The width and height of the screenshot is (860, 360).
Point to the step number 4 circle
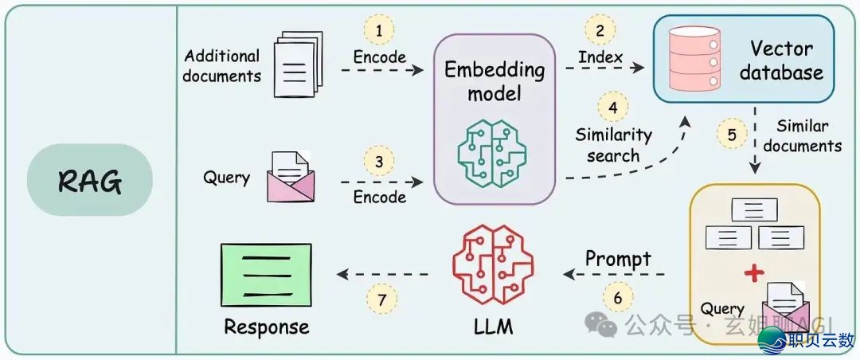pyautogui.click(x=612, y=108)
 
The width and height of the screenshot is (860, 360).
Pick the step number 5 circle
pyautogui.click(x=731, y=134)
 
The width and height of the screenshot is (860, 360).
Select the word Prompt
pyautogui.click(x=618, y=259)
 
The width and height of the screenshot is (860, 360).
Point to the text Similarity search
pyautogui.click(x=613, y=145)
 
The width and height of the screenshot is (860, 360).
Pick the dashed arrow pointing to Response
pyautogui.click(x=383, y=274)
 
